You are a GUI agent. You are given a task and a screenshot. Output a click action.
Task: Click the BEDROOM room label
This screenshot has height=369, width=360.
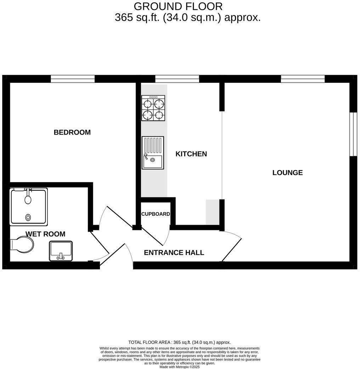[72, 132]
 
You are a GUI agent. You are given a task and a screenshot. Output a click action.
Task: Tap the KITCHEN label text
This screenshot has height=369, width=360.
[191, 154]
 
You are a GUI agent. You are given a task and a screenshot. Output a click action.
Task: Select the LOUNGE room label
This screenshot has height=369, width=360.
[287, 173]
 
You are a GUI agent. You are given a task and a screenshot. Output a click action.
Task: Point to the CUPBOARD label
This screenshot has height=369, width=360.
[156, 214]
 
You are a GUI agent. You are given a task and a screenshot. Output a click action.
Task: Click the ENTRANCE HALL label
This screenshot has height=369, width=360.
[174, 253]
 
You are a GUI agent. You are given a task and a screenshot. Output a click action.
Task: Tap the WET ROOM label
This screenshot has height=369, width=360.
[45, 234]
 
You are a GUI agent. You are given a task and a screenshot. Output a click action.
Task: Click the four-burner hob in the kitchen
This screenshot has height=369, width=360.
[153, 108]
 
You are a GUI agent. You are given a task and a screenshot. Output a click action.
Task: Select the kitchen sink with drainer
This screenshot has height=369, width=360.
[153, 152]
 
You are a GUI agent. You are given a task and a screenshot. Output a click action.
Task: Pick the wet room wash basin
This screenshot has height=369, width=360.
[61, 251]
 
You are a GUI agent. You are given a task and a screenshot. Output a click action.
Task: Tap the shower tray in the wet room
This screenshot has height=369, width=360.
[29, 207]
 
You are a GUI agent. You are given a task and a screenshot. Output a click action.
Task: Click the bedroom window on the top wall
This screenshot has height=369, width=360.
[73, 79]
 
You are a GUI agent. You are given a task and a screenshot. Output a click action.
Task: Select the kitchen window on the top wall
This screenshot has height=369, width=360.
[177, 79]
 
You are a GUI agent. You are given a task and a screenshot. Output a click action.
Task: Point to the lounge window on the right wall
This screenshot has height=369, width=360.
[353, 134]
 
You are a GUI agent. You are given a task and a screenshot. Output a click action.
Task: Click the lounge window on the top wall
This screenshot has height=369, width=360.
[303, 79]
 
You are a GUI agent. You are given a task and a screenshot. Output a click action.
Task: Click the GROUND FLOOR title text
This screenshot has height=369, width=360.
[178, 6]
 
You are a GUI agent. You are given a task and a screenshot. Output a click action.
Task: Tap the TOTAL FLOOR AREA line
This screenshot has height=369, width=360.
[179, 342]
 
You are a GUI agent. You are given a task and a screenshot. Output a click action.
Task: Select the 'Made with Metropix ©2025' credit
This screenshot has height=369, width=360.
[180, 367]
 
